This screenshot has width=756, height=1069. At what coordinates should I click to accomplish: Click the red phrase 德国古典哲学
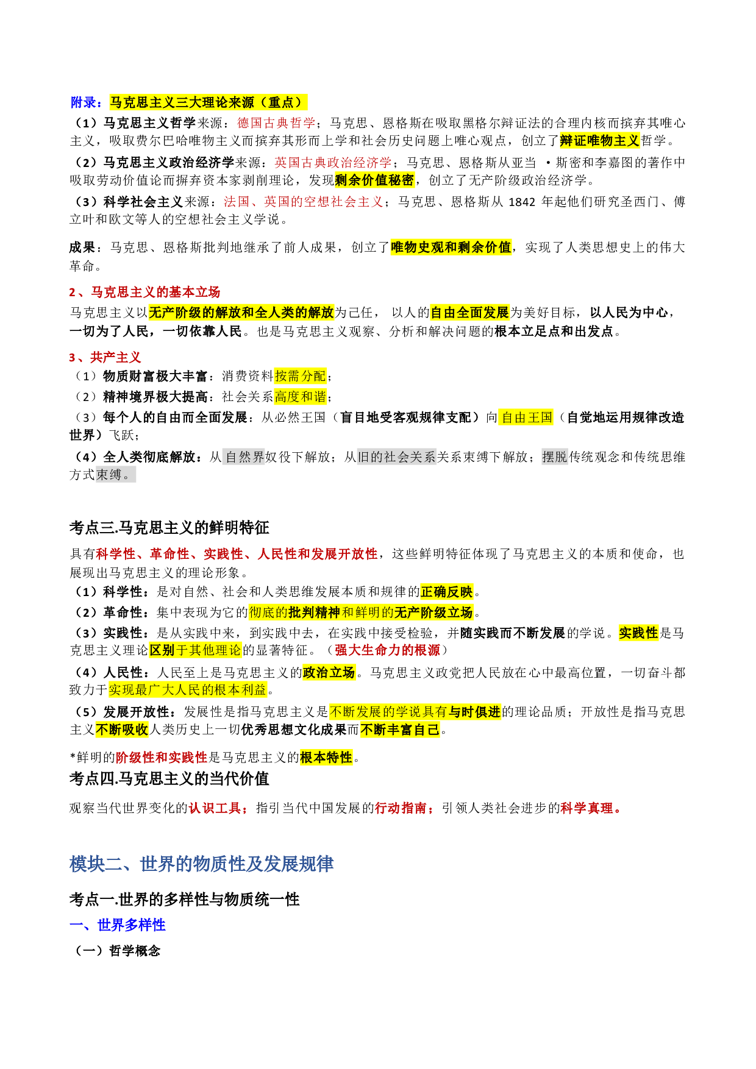(x=276, y=123)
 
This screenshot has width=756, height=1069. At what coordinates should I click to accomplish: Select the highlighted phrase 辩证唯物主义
(x=599, y=141)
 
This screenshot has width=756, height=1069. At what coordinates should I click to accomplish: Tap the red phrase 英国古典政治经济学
(x=333, y=163)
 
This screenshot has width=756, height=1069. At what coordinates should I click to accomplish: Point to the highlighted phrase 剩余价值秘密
(x=375, y=180)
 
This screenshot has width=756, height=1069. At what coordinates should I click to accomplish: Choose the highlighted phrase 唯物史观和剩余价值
(x=451, y=247)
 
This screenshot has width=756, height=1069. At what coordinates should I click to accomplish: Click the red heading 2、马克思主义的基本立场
(x=144, y=292)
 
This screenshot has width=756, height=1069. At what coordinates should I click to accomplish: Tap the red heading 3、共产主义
(x=105, y=357)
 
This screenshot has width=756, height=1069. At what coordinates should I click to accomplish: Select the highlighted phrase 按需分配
(x=300, y=376)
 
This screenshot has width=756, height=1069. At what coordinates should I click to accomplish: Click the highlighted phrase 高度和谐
(x=300, y=397)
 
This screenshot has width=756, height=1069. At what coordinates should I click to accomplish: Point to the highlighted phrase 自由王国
(x=526, y=417)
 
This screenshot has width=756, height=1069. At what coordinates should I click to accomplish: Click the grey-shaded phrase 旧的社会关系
(x=396, y=457)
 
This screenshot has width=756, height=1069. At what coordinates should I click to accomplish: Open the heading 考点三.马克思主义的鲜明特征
(x=169, y=527)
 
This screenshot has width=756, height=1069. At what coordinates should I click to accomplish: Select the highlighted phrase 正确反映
(x=447, y=592)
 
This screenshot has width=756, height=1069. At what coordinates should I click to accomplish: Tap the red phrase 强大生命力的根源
(x=387, y=650)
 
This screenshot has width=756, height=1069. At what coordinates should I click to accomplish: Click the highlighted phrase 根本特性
(x=326, y=758)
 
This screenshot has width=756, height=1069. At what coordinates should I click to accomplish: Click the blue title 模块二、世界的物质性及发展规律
(x=201, y=864)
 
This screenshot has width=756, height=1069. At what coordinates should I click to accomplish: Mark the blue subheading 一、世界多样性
(x=118, y=925)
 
